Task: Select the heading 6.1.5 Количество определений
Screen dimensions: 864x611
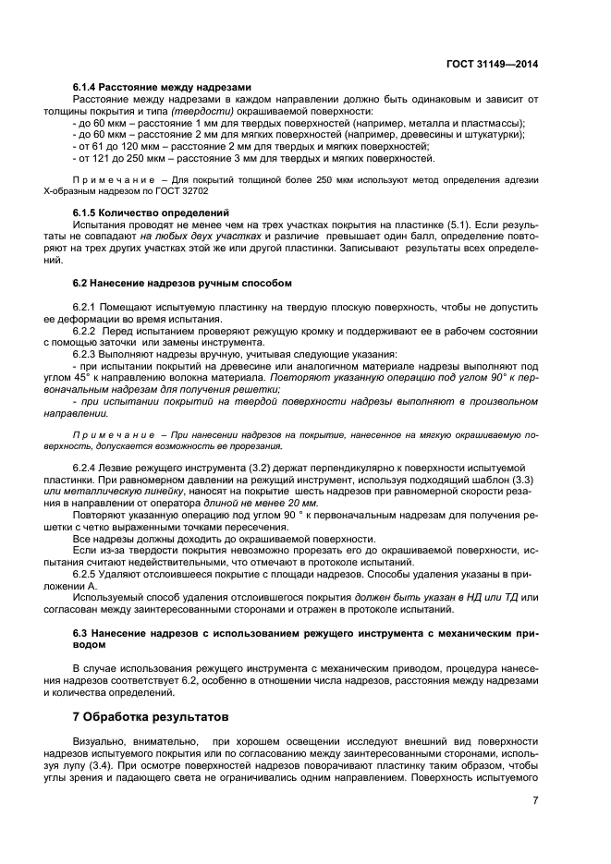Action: tap(153, 213)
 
